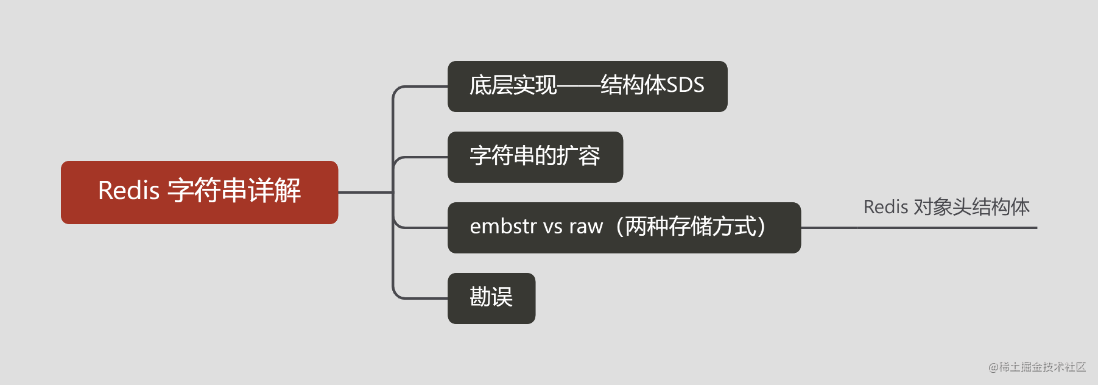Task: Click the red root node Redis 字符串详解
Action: [x=199, y=192]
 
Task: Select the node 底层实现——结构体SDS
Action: [x=587, y=87]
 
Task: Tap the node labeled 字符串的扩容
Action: [x=535, y=157]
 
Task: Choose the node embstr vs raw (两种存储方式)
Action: [x=624, y=228]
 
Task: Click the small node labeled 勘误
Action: [x=491, y=298]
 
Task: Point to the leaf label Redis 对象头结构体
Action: [x=946, y=207]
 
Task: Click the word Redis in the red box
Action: [x=128, y=191]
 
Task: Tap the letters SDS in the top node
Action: [x=685, y=85]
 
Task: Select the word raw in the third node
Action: [x=585, y=227]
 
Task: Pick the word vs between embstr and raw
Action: [x=553, y=227]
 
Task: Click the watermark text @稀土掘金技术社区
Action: [x=1036, y=367]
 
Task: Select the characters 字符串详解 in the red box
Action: [x=234, y=191]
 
